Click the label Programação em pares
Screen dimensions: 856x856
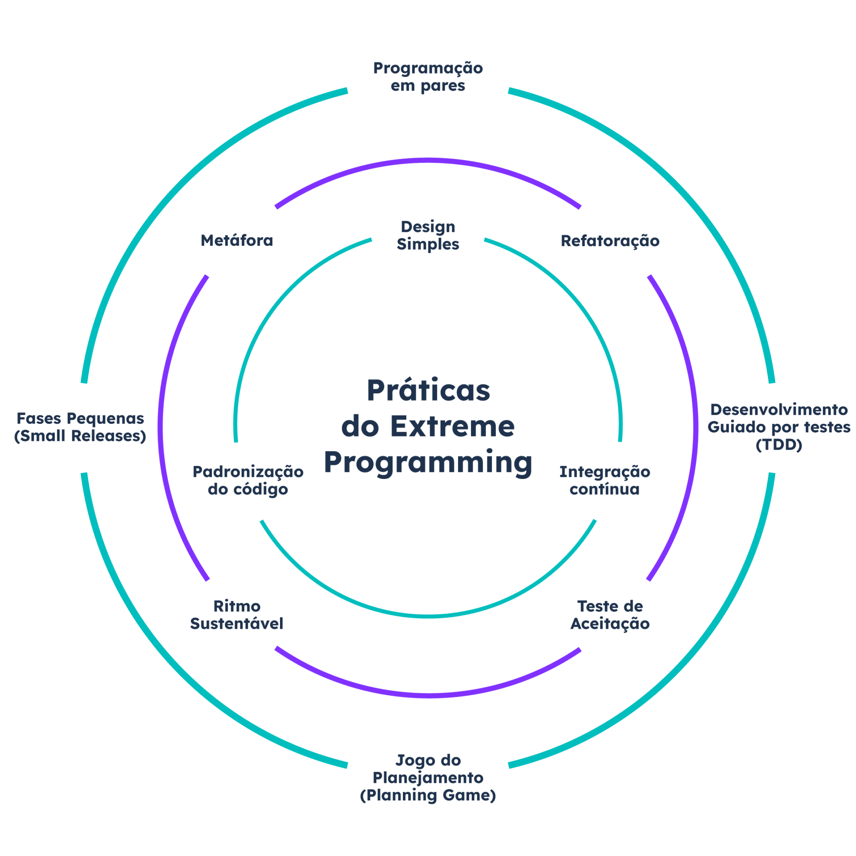[x=428, y=76]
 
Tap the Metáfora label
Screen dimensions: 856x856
[x=237, y=241]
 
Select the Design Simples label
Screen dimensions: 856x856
[x=428, y=235]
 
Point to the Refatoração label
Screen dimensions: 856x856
[x=610, y=241]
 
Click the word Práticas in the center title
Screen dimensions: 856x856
[x=428, y=391]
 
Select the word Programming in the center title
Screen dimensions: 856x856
[x=428, y=462]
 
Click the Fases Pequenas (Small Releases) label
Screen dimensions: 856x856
[x=80, y=427]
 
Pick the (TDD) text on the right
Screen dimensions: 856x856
[x=778, y=445]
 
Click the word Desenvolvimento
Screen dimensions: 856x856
[x=778, y=410]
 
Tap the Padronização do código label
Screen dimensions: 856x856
[x=248, y=480]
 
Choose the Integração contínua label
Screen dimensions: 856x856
[x=604, y=480]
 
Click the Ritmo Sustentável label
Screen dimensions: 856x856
[x=237, y=614]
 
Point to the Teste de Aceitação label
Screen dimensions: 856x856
[x=610, y=614]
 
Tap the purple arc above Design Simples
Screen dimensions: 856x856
[x=428, y=160]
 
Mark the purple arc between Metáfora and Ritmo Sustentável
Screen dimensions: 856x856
[x=160, y=428]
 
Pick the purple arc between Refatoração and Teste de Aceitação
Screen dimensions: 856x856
[x=695, y=428]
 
